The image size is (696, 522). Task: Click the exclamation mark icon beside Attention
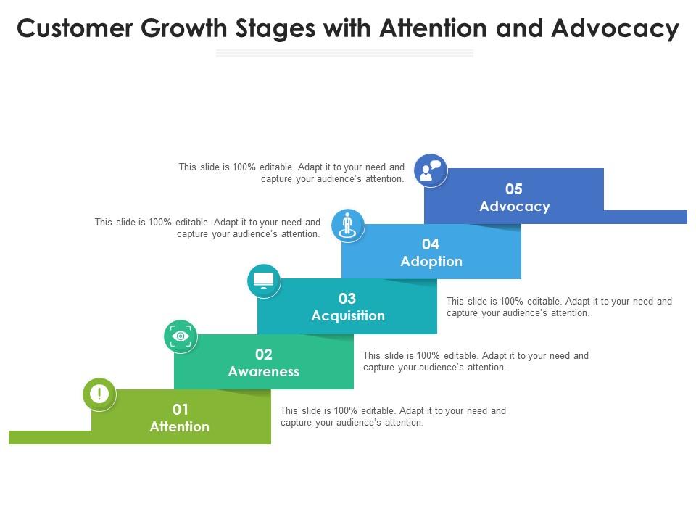[99, 394]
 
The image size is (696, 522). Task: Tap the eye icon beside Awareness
[181, 336]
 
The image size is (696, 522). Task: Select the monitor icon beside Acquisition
[263, 281]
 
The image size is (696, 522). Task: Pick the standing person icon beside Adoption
[348, 225]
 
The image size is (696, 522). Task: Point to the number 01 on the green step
[180, 410]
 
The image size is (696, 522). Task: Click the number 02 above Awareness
[264, 355]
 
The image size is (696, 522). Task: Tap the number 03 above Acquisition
[347, 299]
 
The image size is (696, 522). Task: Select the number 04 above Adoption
[431, 244]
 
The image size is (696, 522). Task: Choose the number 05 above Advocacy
[514, 189]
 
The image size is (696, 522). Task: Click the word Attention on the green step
[180, 427]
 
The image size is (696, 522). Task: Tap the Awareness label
[264, 372]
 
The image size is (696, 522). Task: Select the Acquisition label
[348, 316]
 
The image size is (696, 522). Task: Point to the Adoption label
[431, 262]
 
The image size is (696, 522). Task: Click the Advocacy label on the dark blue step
[515, 207]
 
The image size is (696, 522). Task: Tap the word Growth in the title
[190, 29]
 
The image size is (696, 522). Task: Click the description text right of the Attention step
[393, 417]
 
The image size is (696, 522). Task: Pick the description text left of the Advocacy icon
[291, 173]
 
